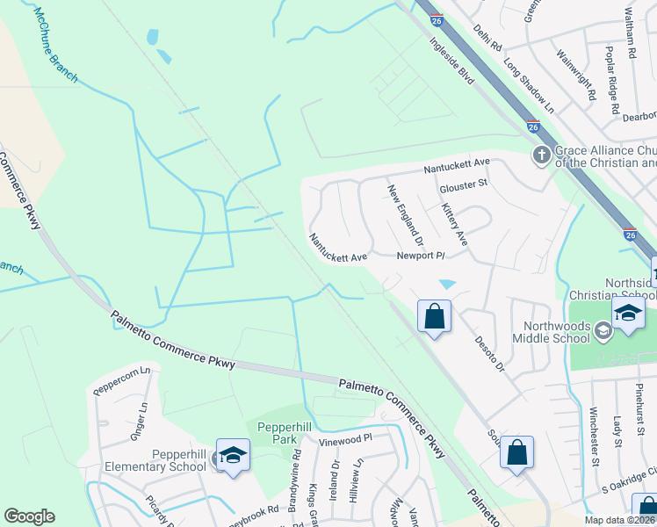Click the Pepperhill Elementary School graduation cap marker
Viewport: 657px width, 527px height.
click(x=233, y=455)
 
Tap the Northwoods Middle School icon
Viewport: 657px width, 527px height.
click(x=603, y=331)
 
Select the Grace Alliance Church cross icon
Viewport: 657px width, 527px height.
click(x=541, y=155)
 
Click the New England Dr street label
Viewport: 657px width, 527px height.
click(x=406, y=215)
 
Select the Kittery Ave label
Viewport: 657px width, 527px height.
click(x=453, y=224)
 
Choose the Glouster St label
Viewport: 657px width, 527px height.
click(x=462, y=184)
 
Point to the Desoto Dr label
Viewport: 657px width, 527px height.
click(x=489, y=352)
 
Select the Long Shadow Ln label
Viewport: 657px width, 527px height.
click(x=529, y=86)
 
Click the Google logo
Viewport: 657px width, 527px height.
click(x=29, y=516)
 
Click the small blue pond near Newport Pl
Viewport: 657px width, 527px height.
click(x=447, y=285)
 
